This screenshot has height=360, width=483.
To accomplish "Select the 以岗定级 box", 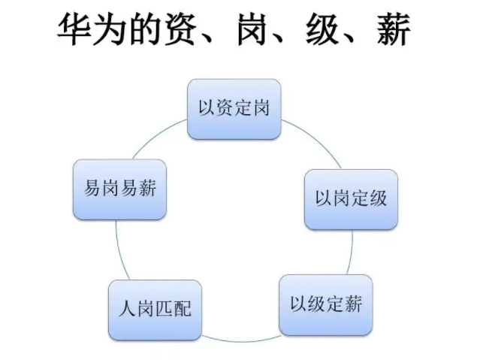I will tap(350, 199).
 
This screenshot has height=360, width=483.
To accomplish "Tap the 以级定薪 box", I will tap(325, 304).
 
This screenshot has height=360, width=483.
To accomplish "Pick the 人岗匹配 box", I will tap(155, 309).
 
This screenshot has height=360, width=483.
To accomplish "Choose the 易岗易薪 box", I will tap(120, 189).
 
